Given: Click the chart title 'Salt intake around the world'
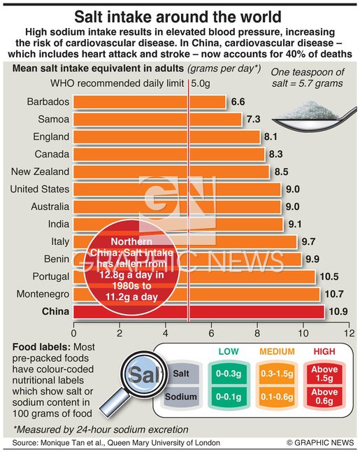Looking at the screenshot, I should pyautogui.click(x=180, y=15).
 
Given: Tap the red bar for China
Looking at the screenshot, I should pyautogui.click(x=199, y=311).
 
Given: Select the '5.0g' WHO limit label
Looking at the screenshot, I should pyautogui.click(x=201, y=84).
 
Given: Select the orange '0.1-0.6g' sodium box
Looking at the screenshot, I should pyautogui.click(x=277, y=397).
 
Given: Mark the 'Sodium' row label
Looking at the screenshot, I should pyautogui.click(x=179, y=397).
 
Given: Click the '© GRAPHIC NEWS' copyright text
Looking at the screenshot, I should pyautogui.click(x=320, y=443).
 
